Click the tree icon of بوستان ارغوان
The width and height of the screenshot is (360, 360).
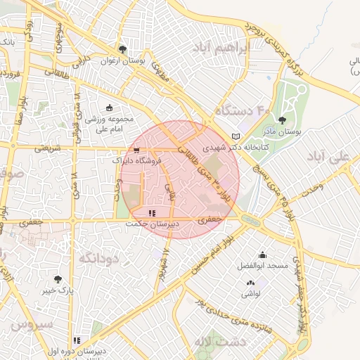click(123, 49)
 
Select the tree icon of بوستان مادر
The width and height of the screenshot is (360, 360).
click(283, 120)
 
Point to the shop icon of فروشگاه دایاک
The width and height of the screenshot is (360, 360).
click(136, 150)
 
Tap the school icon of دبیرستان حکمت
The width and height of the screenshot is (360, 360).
click(153, 213)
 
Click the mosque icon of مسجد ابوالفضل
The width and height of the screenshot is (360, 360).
click(262, 255)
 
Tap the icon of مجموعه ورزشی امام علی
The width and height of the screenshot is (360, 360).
click(109, 108)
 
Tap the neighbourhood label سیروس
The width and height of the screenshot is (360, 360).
click(32, 324)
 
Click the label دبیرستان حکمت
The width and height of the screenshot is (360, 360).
click(153, 224)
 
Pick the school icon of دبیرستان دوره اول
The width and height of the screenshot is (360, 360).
click(77, 340)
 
